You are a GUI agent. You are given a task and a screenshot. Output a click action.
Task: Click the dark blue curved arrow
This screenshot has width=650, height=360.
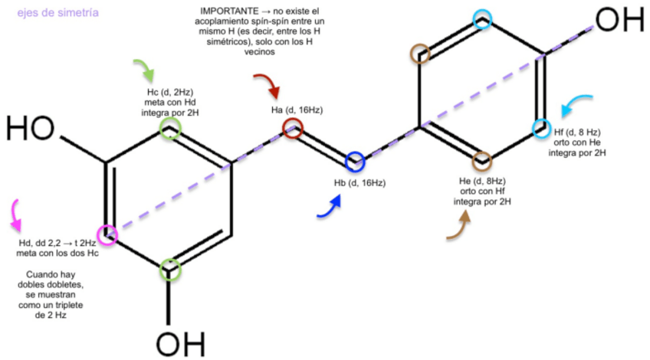coord(327,205)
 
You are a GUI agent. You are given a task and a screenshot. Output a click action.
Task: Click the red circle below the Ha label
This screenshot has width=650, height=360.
coord(293,129)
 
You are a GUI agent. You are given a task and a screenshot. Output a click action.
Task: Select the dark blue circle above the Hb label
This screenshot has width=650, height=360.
coord(354,162)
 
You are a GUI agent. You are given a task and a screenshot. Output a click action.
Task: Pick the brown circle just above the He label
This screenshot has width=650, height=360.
coord(481,162)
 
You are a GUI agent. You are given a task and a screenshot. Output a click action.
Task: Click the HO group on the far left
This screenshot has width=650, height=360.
coord(31,126)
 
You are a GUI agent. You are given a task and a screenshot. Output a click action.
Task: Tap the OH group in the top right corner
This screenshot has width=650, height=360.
coord(619,19)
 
